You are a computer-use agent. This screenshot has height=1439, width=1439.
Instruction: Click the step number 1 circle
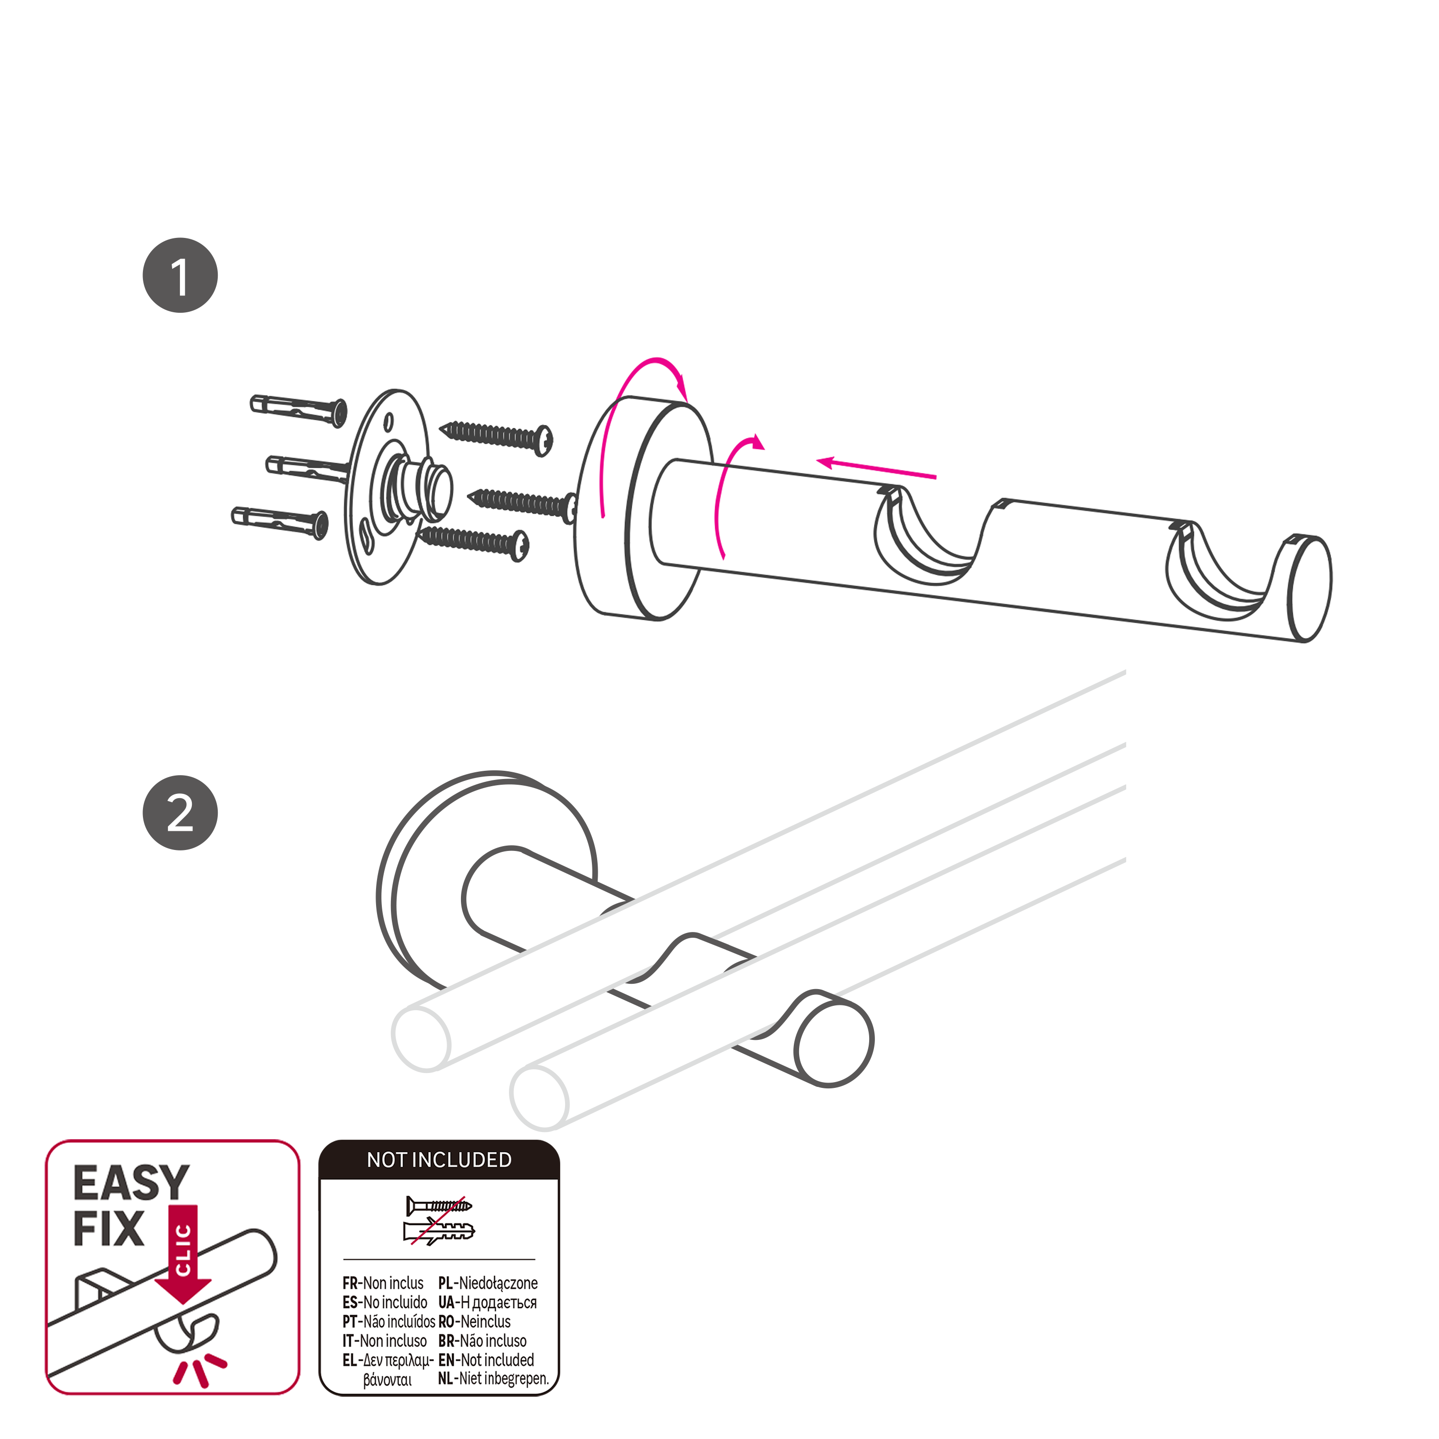pyautogui.click(x=180, y=276)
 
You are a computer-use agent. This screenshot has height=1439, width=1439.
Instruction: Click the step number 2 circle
pyautogui.click(x=180, y=814)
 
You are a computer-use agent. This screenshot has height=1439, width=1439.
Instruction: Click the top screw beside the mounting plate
pyautogui.click(x=496, y=436)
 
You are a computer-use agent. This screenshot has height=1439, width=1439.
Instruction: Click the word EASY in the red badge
pyautogui.click(x=131, y=1183)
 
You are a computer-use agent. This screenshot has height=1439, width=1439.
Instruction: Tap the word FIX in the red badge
pyautogui.click(x=109, y=1230)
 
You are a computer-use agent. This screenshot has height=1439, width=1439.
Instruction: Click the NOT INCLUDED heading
pyautogui.click(x=439, y=1160)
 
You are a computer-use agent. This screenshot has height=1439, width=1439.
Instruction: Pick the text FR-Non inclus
pyautogui.click(x=383, y=1283)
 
